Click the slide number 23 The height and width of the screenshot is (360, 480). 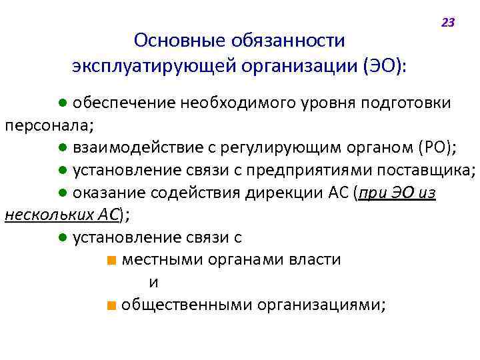[x=447, y=23]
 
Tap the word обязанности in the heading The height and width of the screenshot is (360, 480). [x=288, y=41]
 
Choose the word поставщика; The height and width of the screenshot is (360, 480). [x=427, y=170]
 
